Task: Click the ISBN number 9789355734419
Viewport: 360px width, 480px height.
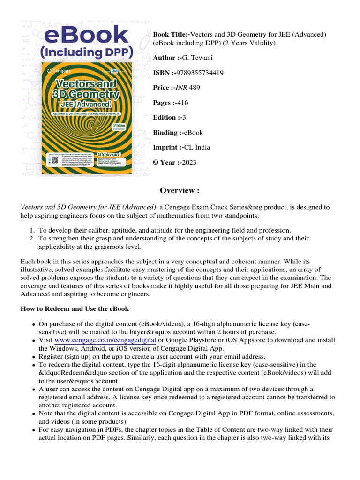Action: tap(198, 73)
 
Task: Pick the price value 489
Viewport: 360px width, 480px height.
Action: tap(195, 88)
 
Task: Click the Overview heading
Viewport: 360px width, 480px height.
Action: tap(180, 190)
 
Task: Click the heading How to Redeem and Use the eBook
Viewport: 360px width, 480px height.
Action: tap(75, 309)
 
